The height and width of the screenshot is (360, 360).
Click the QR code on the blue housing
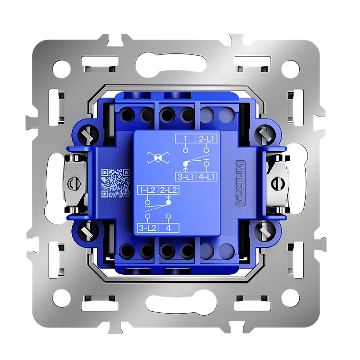[x=116, y=183]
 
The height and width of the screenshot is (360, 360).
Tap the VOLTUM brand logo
[x=240, y=183]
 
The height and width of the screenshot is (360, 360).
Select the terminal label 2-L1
[x=206, y=139]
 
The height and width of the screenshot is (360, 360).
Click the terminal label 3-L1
[x=185, y=177]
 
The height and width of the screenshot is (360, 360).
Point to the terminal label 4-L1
[x=206, y=177]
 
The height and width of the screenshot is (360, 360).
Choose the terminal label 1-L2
[x=148, y=190]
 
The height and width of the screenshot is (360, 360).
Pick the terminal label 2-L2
[x=168, y=190]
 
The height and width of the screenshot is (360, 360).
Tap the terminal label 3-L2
[x=148, y=228]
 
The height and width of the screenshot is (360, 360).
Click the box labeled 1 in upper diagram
[x=185, y=139]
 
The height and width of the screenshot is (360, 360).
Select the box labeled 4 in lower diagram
[x=168, y=228]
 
